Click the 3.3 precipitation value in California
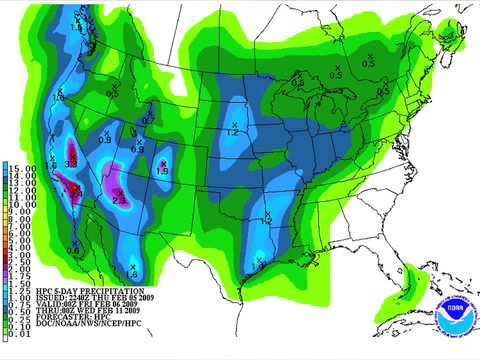pos(71,163)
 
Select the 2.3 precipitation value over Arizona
pos(119,200)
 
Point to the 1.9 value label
pos(162,172)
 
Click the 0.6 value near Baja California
pos(73,249)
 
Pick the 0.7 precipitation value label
pos(147,120)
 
